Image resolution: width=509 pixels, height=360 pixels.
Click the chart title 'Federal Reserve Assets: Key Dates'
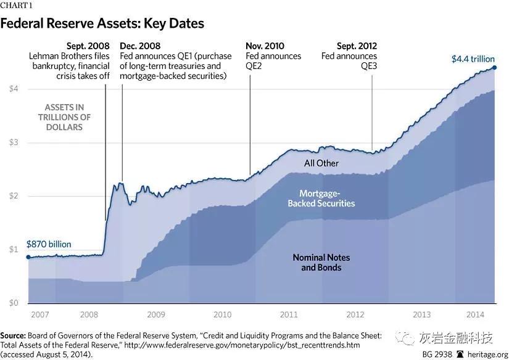pos(102,23)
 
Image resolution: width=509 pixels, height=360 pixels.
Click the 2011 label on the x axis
pos(289,314)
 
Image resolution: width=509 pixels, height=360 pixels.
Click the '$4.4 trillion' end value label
pos(473,59)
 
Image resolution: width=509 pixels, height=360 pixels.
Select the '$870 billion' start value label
pos(49,244)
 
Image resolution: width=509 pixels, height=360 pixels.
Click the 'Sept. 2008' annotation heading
pos(88,46)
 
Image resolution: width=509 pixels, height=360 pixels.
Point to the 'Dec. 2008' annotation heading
pos(139,46)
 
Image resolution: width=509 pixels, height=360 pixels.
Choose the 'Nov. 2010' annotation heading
pos(265,46)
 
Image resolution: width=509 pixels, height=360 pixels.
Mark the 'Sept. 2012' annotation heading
pos(357,46)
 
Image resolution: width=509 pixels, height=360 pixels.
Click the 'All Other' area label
pos(321,163)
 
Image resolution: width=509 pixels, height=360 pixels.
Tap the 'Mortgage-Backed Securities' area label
pos(321,198)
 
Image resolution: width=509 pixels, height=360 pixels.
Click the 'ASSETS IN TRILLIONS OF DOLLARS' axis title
pos(64,117)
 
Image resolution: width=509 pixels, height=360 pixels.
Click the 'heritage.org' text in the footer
pos(486,354)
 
